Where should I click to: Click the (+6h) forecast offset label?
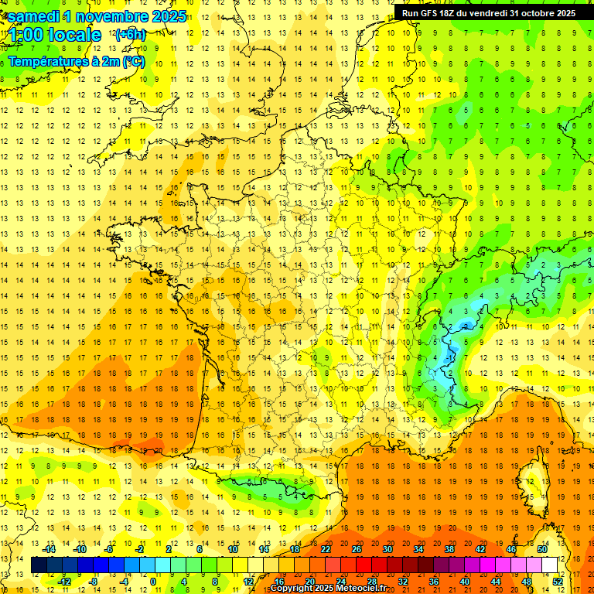pos(129,35)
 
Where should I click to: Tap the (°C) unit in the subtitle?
pos(133,61)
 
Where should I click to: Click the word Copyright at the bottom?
pos(292,589)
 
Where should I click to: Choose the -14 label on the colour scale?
pos(50,549)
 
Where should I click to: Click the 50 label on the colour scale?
pos(542,549)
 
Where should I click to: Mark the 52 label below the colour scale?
pos(558,582)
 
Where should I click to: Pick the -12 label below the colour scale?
pos(64,582)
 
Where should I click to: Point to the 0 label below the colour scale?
pos(154,582)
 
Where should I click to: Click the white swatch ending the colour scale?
pos(550,565)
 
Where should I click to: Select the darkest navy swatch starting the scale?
pos(39,565)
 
